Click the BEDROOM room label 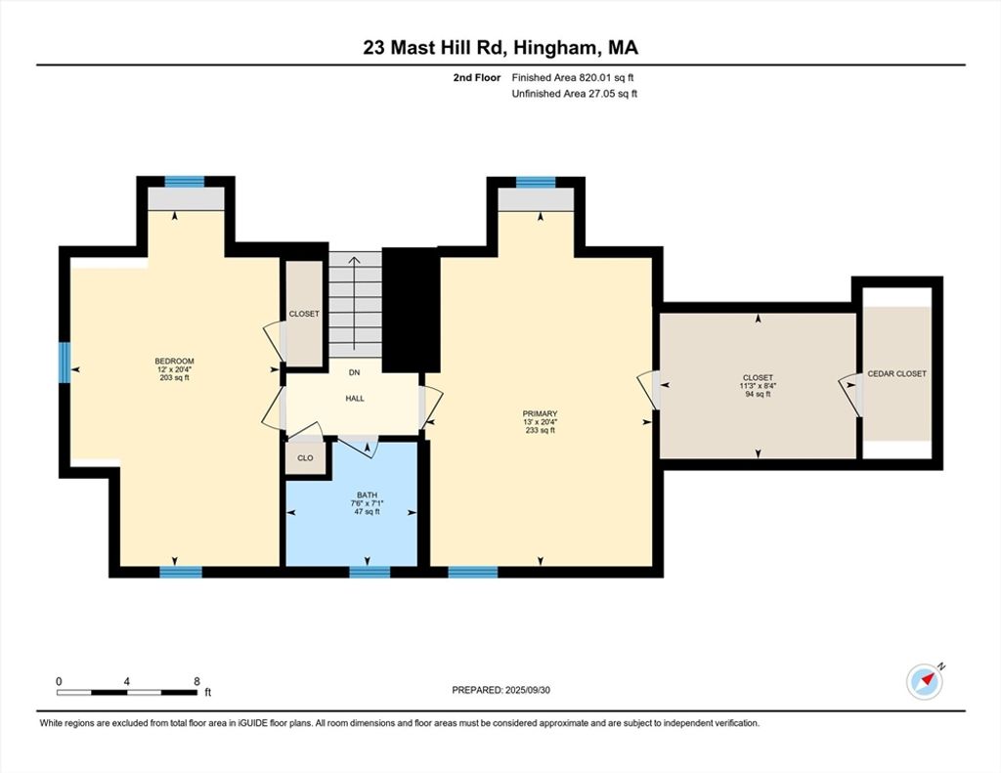(x=174, y=362)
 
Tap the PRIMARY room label (x=540, y=413)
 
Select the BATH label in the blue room (x=368, y=494)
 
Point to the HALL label (x=355, y=399)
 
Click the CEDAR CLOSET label (x=896, y=374)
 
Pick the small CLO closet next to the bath (x=305, y=457)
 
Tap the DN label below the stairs (x=354, y=372)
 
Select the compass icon (x=925, y=682)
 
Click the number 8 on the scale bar (x=196, y=681)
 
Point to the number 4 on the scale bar (x=127, y=681)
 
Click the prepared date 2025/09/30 (x=527, y=690)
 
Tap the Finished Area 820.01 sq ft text (x=573, y=78)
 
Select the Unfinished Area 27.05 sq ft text (x=575, y=94)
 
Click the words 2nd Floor (x=477, y=78)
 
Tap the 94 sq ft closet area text (x=758, y=395)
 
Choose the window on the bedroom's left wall (x=65, y=363)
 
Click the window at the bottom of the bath (x=370, y=572)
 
